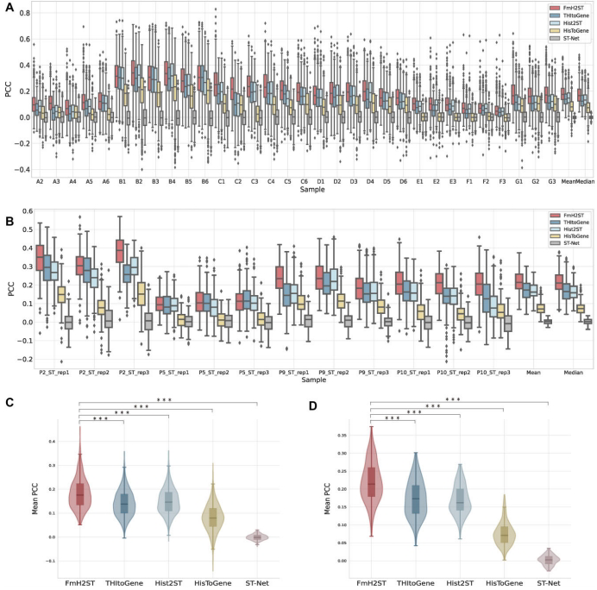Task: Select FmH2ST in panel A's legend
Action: [x=560, y=8]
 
